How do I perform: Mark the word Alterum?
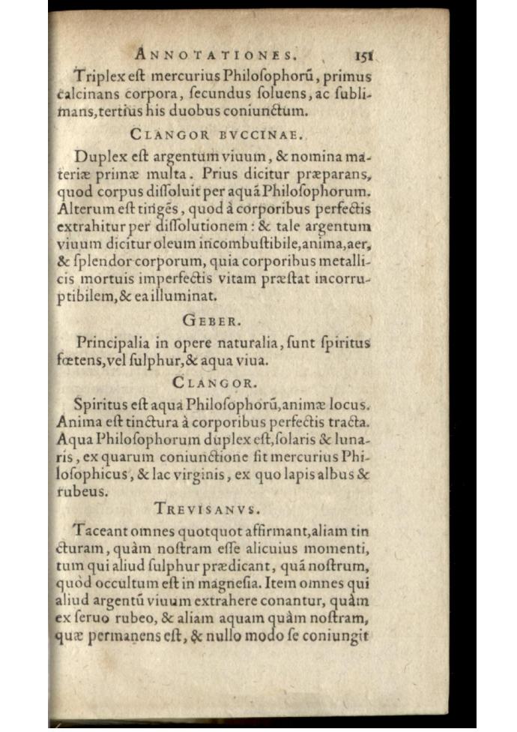coord(84,209)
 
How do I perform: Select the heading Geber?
coord(211,321)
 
